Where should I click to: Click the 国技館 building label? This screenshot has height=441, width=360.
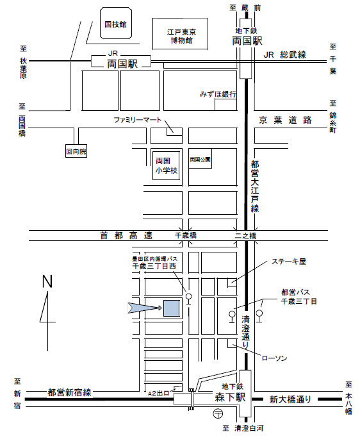point(115,25)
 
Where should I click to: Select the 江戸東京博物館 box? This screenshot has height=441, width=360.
point(180,36)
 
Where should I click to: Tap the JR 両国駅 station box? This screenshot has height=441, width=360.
point(120,62)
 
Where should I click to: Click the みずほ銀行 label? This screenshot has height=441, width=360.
point(218,94)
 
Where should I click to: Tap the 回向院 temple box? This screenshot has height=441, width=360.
point(76,153)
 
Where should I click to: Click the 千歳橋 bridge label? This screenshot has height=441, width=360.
point(186,236)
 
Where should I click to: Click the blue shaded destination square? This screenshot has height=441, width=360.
point(172,308)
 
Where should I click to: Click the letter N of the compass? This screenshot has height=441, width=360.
point(47,281)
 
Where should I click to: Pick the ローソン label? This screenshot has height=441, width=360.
point(274,358)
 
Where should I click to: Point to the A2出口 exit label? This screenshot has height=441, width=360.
point(158,393)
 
